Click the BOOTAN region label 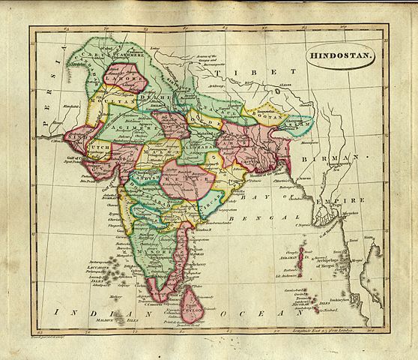[x=269, y=117]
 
